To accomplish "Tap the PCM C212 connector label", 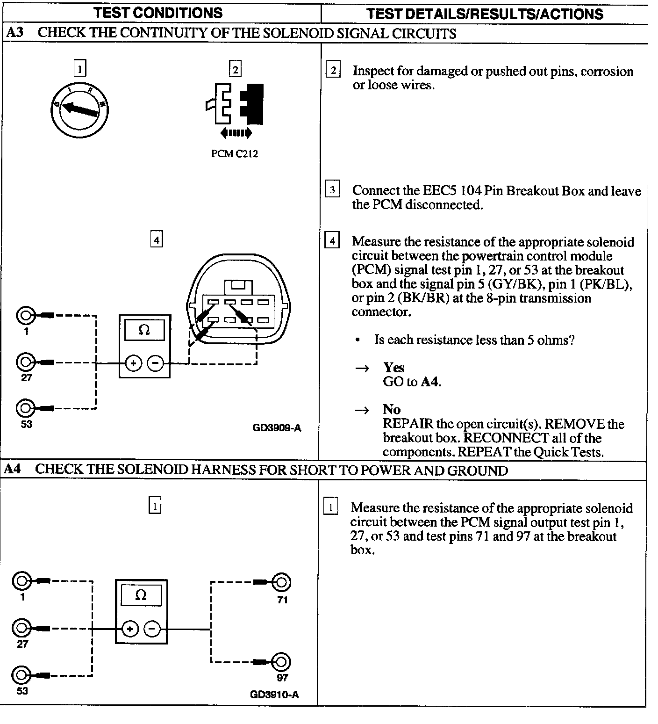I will [x=235, y=154].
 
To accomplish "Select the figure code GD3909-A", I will [x=277, y=427].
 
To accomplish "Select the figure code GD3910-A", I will [x=274, y=695].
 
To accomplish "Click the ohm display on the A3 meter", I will [x=144, y=331].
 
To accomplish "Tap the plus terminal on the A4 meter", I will [x=130, y=629].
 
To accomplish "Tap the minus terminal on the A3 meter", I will [x=156, y=363].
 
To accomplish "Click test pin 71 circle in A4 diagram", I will [x=281, y=582].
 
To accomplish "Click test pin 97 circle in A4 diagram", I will [x=281, y=662].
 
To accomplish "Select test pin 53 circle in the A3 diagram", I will [x=25, y=408].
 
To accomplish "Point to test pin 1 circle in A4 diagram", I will [x=21, y=581].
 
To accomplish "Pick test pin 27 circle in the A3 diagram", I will [x=25, y=362].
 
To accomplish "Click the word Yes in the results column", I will [x=393, y=368].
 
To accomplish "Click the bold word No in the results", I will [x=392, y=410].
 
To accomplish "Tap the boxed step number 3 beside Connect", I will [x=332, y=190].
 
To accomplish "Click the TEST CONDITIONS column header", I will [x=158, y=13].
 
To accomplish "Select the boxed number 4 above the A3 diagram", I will [x=157, y=240].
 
